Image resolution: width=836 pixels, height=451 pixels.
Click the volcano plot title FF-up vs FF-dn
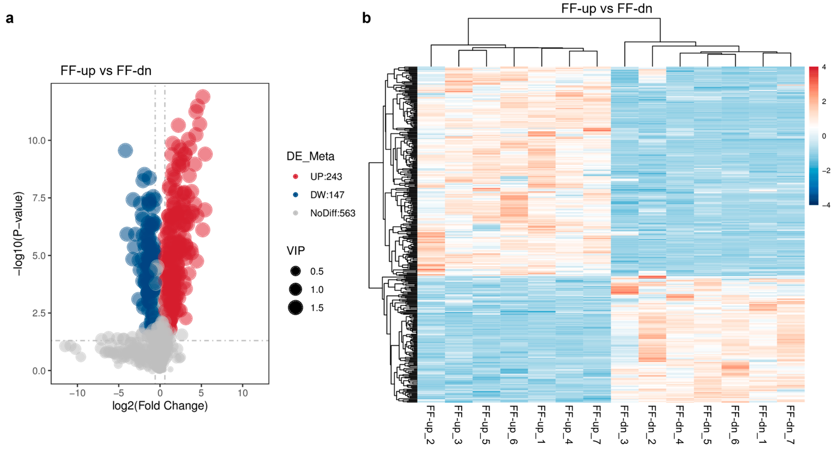coord(106,71)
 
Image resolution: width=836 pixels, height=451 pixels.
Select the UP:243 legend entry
coord(326,177)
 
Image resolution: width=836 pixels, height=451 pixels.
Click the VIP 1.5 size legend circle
coord(295,308)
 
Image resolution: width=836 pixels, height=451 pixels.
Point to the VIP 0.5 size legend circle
coord(295,271)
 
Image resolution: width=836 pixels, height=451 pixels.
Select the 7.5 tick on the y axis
coord(39,198)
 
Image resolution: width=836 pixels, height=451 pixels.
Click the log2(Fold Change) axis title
coord(160,406)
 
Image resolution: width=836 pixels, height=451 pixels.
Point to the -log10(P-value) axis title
coord(19,234)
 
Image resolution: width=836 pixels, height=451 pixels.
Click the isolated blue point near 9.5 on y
coord(125,150)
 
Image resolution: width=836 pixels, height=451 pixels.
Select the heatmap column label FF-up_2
coord(431,425)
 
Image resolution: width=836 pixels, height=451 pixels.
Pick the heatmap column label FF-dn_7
coord(791,425)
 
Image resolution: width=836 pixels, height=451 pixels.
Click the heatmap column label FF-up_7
coord(597,425)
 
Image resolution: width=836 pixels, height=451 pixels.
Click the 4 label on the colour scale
coord(824,67)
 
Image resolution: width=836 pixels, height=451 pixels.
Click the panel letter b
coord(366,18)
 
